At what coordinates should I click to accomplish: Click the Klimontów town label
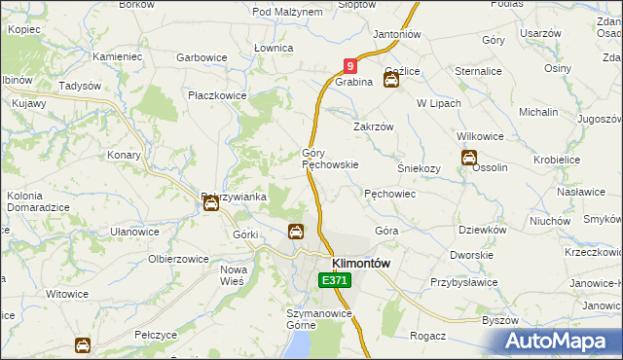[x=361, y=263]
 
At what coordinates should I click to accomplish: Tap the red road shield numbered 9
[x=350, y=66]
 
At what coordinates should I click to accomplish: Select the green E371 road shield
[x=334, y=280]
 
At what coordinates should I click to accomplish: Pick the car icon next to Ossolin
[x=468, y=158]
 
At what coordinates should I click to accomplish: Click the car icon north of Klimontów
[x=295, y=232]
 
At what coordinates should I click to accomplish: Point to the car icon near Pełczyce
[x=84, y=344]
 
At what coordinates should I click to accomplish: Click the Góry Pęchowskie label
[x=330, y=160]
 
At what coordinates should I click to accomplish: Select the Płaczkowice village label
[x=218, y=95]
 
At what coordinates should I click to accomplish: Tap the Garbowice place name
[x=202, y=57]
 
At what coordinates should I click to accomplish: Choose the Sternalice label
[x=477, y=71]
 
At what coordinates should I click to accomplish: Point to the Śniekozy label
[x=421, y=167]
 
